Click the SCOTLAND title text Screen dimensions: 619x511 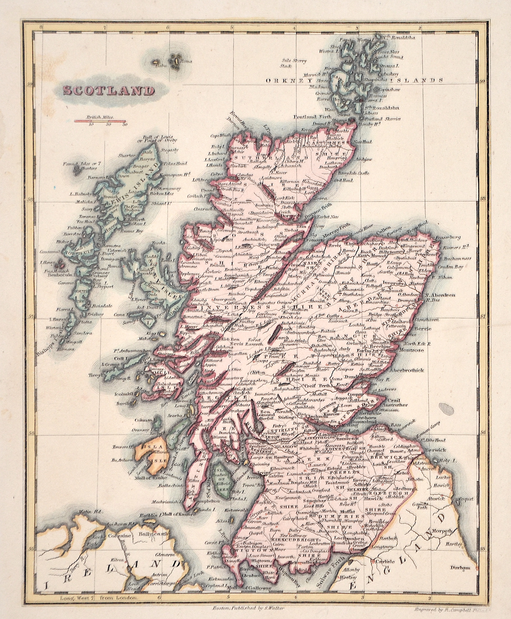[109, 91]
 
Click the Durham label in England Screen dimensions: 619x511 [460, 568]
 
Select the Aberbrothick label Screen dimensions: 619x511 [407, 370]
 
